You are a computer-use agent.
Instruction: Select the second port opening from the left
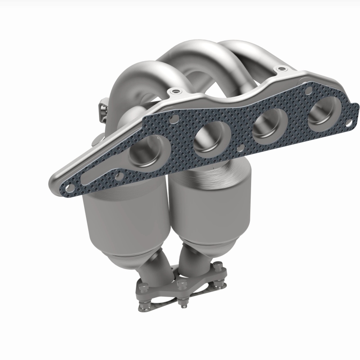(x=209, y=138)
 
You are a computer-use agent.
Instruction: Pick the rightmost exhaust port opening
(x=322, y=112)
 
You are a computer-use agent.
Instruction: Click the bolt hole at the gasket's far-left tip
(x=68, y=185)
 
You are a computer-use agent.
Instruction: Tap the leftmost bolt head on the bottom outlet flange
(x=143, y=287)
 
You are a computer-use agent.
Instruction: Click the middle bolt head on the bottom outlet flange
(x=182, y=284)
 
